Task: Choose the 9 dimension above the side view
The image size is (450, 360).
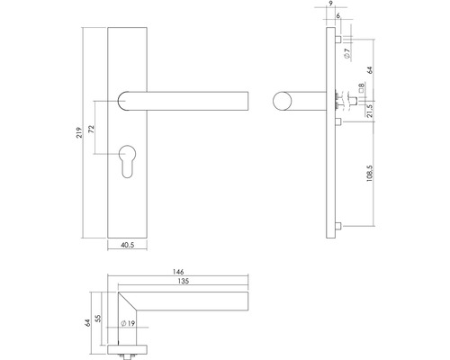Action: click(x=331, y=6)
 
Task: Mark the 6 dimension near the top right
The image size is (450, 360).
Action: click(x=337, y=16)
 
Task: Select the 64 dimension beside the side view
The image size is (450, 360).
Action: click(x=370, y=69)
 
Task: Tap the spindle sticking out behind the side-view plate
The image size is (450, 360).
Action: click(x=345, y=101)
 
